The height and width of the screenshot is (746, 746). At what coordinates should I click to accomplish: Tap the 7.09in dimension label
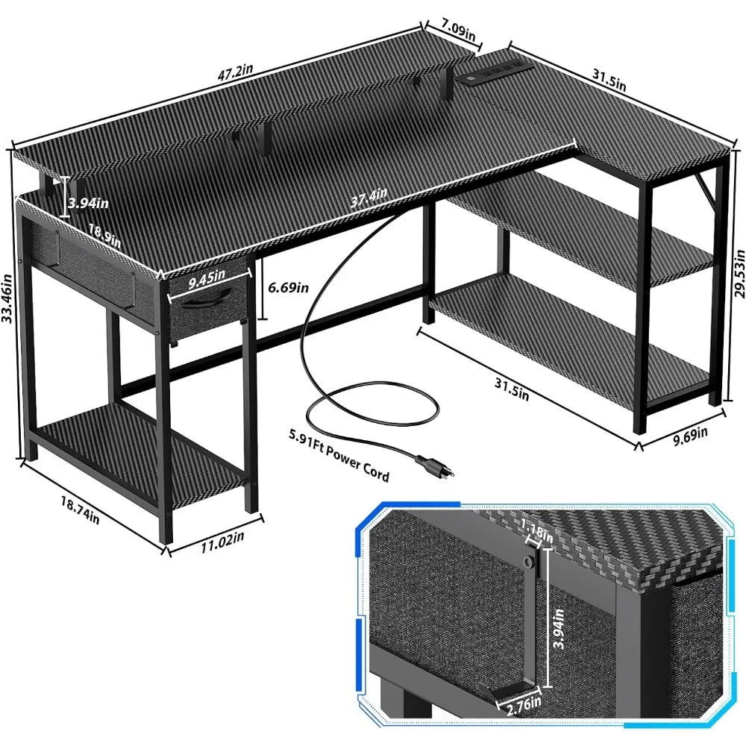point(458,32)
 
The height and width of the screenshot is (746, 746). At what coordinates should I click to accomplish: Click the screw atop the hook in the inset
point(528,559)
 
